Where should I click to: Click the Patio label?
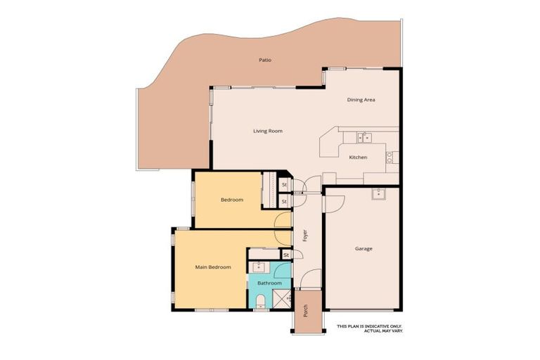tap(264, 60)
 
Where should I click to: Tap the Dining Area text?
tap(361, 100)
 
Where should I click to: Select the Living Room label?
tap(268, 131)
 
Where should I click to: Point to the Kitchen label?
tap(358, 157)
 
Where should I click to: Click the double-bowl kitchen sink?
tap(364, 137)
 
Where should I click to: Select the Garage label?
tap(364, 249)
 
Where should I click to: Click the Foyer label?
tap(305, 236)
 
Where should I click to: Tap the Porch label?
tap(306, 310)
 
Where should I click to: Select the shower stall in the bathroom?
tap(282, 299)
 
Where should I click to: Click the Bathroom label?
tap(269, 283)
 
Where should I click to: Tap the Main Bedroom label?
tap(213, 267)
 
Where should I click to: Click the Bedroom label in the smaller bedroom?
tap(232, 200)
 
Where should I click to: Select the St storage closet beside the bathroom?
tap(285, 255)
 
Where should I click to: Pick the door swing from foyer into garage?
tap(331, 202)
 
